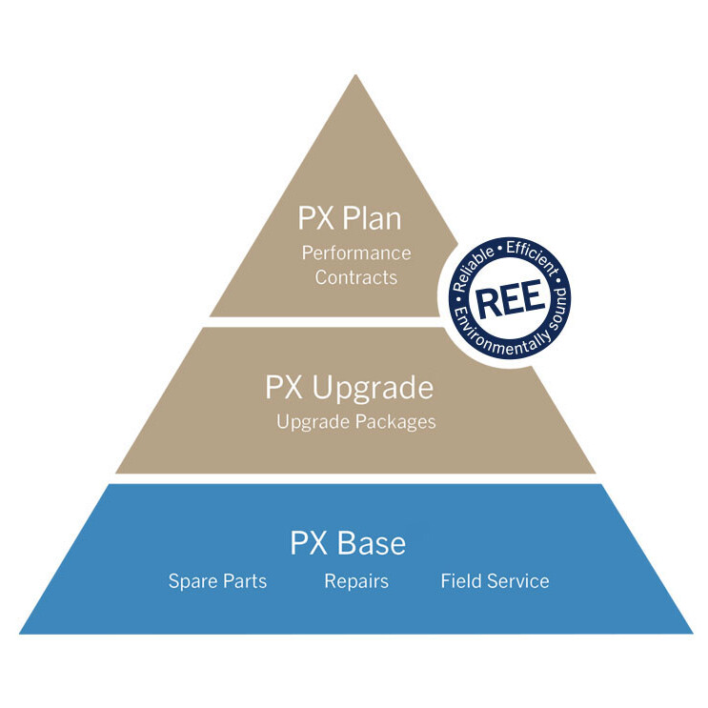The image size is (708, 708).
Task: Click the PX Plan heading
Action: coord(350,219)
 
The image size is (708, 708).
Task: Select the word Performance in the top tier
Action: coord(356,253)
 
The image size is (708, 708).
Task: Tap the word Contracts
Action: coord(355,277)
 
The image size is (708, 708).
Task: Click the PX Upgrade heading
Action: coord(349,389)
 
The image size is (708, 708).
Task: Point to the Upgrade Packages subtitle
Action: coord(355,420)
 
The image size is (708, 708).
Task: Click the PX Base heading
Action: coord(348,543)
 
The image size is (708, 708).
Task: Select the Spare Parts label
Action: coord(217,581)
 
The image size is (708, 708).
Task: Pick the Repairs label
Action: coord(356,581)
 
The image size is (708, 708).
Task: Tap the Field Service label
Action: coord(495,581)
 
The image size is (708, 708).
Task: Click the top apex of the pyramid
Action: coord(355,75)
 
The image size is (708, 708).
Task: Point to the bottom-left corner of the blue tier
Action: coord(21,633)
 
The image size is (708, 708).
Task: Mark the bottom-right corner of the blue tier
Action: coord(692,633)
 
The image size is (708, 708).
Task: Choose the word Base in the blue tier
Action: coord(371,543)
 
